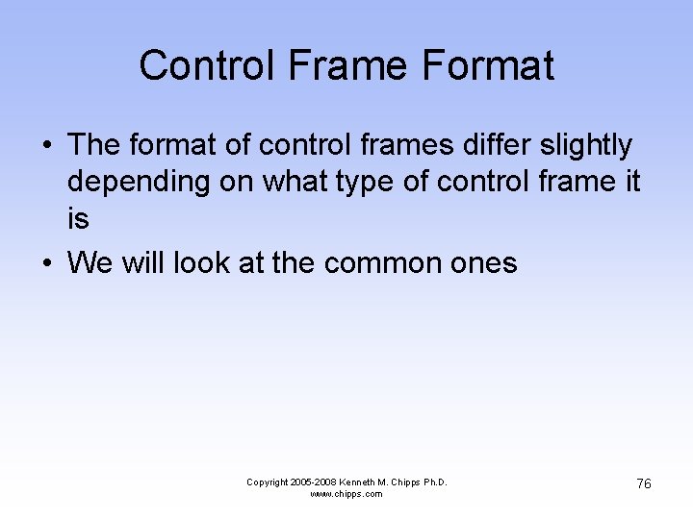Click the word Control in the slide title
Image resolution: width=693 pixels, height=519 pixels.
[199, 66]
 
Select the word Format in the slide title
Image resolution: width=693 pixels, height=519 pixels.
[486, 66]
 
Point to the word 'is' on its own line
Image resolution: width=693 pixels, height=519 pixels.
[78, 219]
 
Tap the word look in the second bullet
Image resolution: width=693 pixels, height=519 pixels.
[197, 263]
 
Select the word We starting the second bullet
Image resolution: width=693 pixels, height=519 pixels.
[90, 263]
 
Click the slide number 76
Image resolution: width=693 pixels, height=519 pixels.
[643, 483]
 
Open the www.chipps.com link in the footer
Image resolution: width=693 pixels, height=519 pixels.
[346, 494]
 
